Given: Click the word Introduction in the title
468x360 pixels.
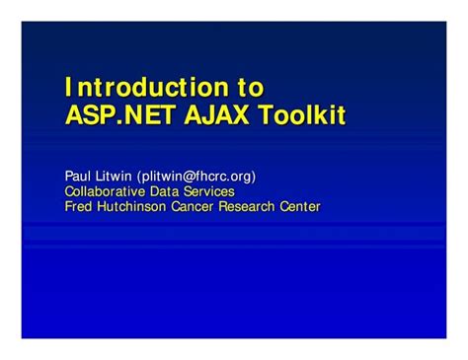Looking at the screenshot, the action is pyautogui.click(x=147, y=87).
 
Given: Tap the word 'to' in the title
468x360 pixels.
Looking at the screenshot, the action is pyautogui.click(x=251, y=87).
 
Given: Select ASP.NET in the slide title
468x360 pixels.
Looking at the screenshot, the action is pyautogui.click(x=119, y=114).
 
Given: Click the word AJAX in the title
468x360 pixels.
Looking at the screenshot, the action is pyautogui.click(x=216, y=114).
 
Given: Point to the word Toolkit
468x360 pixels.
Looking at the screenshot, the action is pyautogui.click(x=302, y=114).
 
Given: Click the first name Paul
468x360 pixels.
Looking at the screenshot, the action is pyautogui.click(x=78, y=176).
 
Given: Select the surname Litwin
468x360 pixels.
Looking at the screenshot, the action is pyautogui.click(x=114, y=176).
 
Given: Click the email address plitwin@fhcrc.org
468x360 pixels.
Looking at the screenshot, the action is pyautogui.click(x=196, y=177).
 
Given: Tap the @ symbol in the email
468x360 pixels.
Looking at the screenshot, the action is pyautogui.click(x=188, y=177).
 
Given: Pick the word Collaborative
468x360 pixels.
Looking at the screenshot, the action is pyautogui.click(x=105, y=191).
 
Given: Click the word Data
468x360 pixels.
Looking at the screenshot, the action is pyautogui.click(x=164, y=191).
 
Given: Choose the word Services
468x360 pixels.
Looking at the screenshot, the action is pyautogui.click(x=209, y=191).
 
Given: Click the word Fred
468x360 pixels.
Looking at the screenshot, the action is pyautogui.click(x=78, y=206).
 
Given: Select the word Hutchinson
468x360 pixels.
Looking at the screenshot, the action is pyautogui.click(x=131, y=206).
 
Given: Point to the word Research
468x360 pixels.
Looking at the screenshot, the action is pyautogui.click(x=247, y=206).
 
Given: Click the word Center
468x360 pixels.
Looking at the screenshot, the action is pyautogui.click(x=300, y=206).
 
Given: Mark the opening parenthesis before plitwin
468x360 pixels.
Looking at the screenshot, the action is pyautogui.click(x=139, y=177).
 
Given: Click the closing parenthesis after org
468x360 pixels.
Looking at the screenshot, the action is pyautogui.click(x=254, y=177).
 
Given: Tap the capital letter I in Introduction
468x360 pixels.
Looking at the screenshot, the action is pyautogui.click(x=68, y=87).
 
